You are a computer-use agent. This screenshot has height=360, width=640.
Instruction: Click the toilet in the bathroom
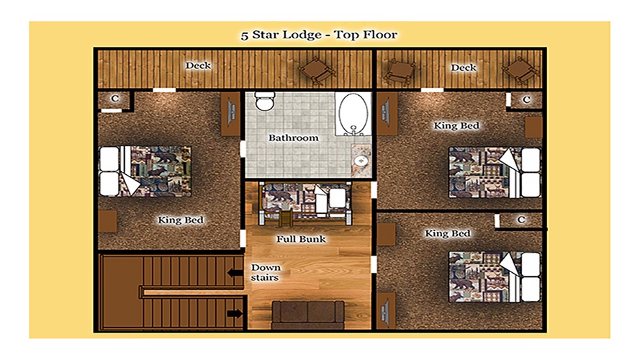pyautogui.click(x=264, y=102)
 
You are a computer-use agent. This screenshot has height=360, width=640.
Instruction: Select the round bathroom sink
pyautogui.click(x=361, y=161)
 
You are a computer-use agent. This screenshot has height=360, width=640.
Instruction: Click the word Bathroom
pyautogui.click(x=294, y=138)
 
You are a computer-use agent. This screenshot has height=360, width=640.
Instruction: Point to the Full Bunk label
pyautogui.click(x=301, y=239)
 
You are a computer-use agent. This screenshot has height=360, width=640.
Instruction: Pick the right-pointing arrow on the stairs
pyautogui.click(x=235, y=313)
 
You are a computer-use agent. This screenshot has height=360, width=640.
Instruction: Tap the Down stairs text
pyautogui.click(x=266, y=273)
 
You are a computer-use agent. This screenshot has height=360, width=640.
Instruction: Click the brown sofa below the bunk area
pyautogui.click(x=308, y=315)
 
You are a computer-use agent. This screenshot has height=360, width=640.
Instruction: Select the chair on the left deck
pyautogui.click(x=317, y=71)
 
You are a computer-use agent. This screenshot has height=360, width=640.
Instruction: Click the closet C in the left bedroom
pyautogui.click(x=115, y=99)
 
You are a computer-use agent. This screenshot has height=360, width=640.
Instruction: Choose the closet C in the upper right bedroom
pyautogui.click(x=526, y=99)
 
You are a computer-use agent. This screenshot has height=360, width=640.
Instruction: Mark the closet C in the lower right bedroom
pyautogui.click(x=520, y=220)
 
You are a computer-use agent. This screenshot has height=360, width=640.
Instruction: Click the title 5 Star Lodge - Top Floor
pyautogui.click(x=319, y=35)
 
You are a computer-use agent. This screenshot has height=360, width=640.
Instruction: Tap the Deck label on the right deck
pyautogui.click(x=464, y=68)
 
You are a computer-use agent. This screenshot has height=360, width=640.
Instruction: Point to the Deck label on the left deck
pyautogui.click(x=198, y=66)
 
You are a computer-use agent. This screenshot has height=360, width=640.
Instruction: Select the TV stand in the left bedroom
pyautogui.click(x=230, y=114)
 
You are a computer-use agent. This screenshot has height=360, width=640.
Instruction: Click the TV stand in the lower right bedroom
pyautogui.click(x=386, y=310)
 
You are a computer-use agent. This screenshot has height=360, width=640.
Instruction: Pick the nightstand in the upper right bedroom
pyautogui.click(x=533, y=127)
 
